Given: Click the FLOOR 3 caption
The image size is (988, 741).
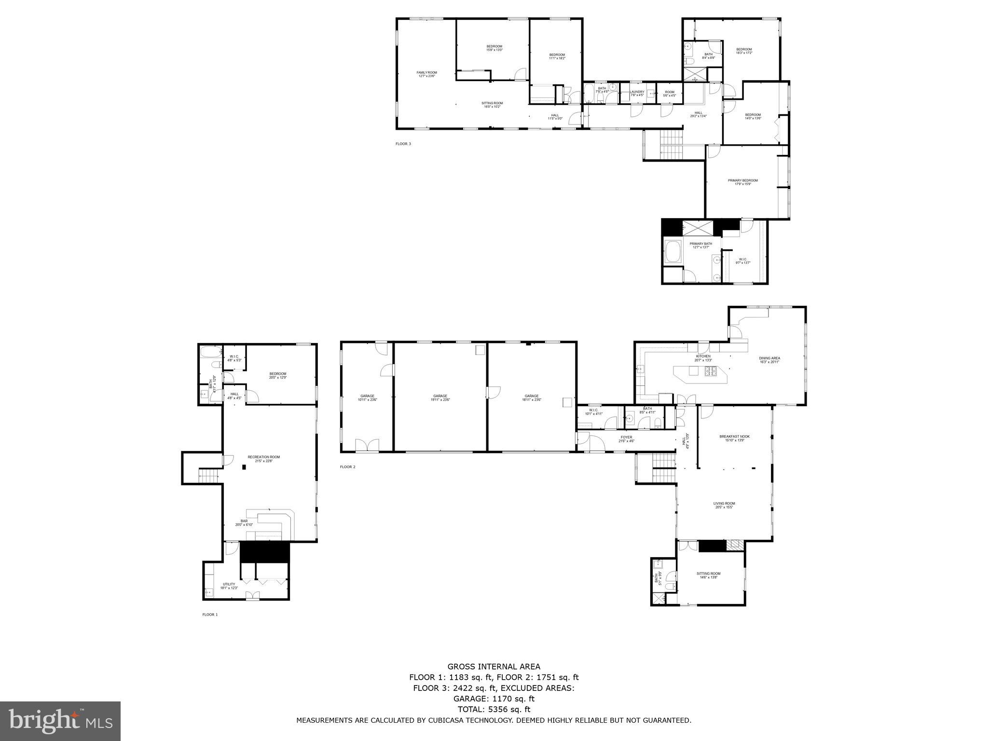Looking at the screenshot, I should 403,144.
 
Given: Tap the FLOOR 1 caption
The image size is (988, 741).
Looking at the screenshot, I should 210,615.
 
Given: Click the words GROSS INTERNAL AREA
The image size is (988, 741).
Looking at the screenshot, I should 494,667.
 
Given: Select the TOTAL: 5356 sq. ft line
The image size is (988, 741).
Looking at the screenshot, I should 494,709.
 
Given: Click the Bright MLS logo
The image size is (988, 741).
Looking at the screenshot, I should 60,721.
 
